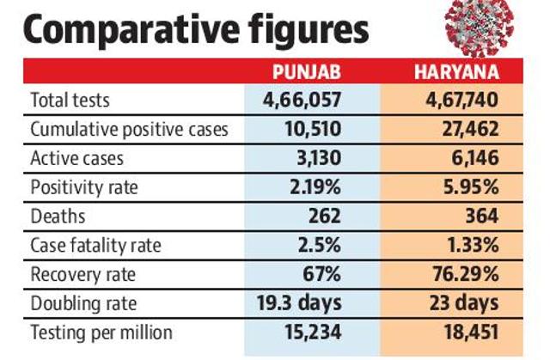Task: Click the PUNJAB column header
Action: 307,72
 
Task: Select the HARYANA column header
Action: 456,72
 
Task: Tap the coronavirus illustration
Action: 480,27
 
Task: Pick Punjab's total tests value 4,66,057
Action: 302,100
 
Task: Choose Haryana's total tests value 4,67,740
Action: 462,100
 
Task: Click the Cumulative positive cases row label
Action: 130,130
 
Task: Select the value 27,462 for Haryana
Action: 470,129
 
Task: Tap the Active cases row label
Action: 77,158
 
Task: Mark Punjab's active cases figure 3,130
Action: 319,158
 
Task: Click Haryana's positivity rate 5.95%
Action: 471,187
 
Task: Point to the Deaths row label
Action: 58,216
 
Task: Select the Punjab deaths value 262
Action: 325,216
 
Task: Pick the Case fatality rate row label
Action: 95,246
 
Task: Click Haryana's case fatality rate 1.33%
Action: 474,245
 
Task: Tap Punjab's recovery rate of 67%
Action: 321,274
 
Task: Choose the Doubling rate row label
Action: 83,303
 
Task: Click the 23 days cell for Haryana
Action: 464,303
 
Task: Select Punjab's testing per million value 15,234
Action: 313,333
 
